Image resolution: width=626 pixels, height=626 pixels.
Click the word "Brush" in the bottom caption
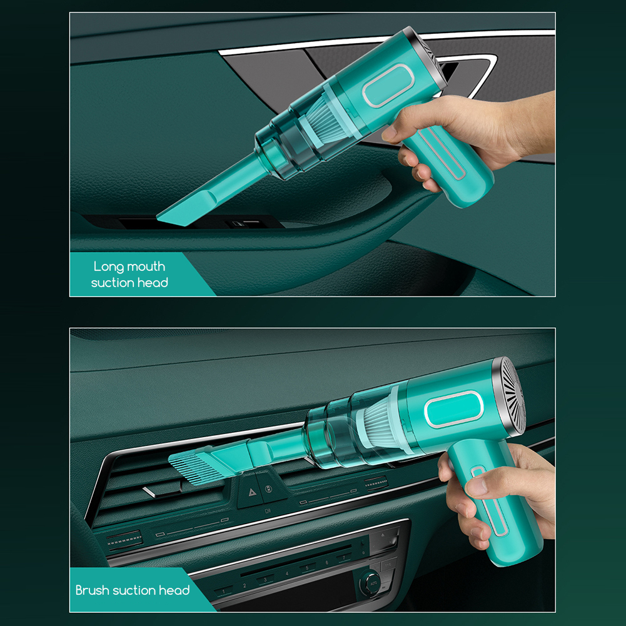pyautogui.click(x=93, y=590)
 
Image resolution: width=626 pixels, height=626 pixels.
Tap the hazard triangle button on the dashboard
pyautogui.click(x=252, y=492)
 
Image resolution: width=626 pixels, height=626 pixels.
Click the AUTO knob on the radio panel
pyautogui.click(x=371, y=583)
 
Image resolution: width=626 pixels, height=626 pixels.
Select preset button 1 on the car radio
pyautogui.click(x=224, y=591)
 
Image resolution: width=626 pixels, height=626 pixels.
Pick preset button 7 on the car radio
pyautogui.click(x=344, y=558)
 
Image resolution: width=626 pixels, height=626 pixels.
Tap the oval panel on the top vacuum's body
pyautogui.click(x=385, y=86)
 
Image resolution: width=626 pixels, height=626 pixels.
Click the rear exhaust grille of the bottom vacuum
pyautogui.click(x=512, y=396)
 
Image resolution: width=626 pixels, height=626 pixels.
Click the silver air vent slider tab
pyautogui.click(x=154, y=492)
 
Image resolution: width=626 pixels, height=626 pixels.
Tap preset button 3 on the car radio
pyautogui.click(x=265, y=580)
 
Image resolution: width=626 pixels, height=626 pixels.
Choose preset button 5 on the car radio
pyautogui.click(x=306, y=568)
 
